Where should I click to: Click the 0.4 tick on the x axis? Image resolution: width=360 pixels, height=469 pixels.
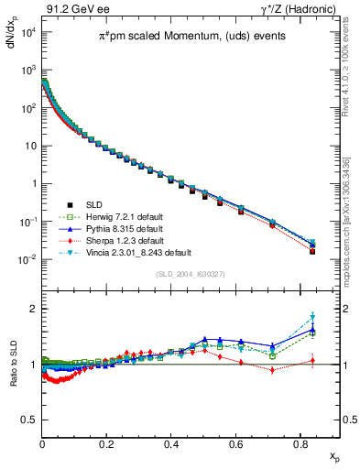(x=171, y=442)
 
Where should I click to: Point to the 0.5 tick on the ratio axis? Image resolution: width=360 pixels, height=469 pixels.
(x=29, y=420)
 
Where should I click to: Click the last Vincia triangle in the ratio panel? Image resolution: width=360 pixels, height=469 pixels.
(x=312, y=317)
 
